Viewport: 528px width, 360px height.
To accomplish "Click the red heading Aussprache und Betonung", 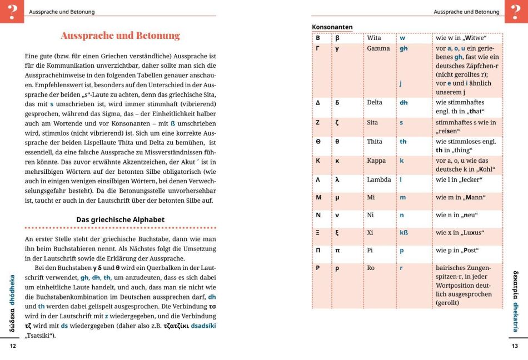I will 120,36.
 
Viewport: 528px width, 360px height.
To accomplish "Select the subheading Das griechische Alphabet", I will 120,219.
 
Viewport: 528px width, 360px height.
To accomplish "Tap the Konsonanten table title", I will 332,27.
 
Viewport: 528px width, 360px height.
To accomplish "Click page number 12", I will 13,346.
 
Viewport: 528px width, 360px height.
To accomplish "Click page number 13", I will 515,346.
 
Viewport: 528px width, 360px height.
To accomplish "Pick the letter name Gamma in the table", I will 378,48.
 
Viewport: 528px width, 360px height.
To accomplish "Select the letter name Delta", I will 376,102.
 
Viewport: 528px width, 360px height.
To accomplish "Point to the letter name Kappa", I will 377,161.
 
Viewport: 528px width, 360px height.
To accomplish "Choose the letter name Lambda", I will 379,179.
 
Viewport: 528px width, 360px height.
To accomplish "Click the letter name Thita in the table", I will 376,141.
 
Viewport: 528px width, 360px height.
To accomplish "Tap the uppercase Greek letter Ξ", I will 318,232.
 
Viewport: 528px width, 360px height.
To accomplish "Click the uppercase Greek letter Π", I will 318,250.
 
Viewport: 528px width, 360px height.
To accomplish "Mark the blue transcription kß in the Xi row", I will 404,232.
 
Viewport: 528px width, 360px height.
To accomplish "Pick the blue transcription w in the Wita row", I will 402,38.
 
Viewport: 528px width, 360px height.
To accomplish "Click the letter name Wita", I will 374,38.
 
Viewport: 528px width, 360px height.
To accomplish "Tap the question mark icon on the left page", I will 12,11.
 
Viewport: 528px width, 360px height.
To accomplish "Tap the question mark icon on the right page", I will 516,11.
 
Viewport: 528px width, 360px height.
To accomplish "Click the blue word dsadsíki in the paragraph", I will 203,327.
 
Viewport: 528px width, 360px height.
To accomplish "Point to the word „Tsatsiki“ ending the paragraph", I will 40,336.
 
